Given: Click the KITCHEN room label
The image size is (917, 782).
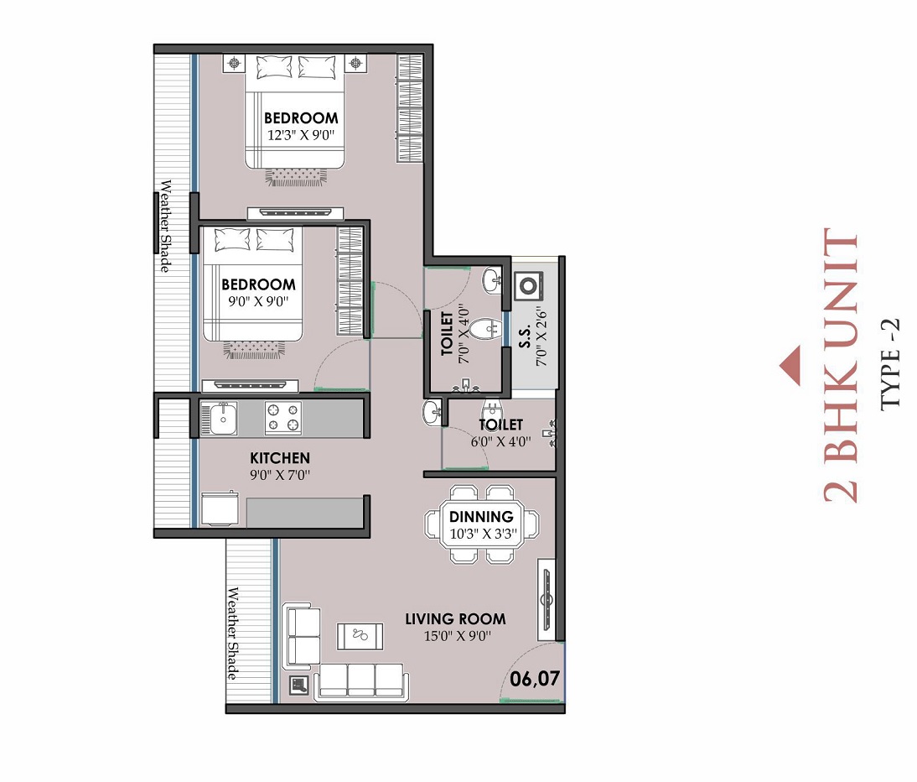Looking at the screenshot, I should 280,458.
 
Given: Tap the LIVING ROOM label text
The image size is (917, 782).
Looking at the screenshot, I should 455,619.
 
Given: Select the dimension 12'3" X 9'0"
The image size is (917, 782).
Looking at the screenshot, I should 301,134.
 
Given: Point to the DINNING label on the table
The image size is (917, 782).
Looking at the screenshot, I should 481,517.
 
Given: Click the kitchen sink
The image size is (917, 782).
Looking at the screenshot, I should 223,418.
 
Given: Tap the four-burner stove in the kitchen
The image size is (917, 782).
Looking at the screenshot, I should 283,418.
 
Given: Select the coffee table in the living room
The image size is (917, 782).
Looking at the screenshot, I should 360,636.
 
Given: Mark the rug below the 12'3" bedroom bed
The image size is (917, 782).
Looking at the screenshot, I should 295,176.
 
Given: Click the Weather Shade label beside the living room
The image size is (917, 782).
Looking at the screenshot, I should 234,634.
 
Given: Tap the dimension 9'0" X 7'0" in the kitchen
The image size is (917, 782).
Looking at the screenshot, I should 280,475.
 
